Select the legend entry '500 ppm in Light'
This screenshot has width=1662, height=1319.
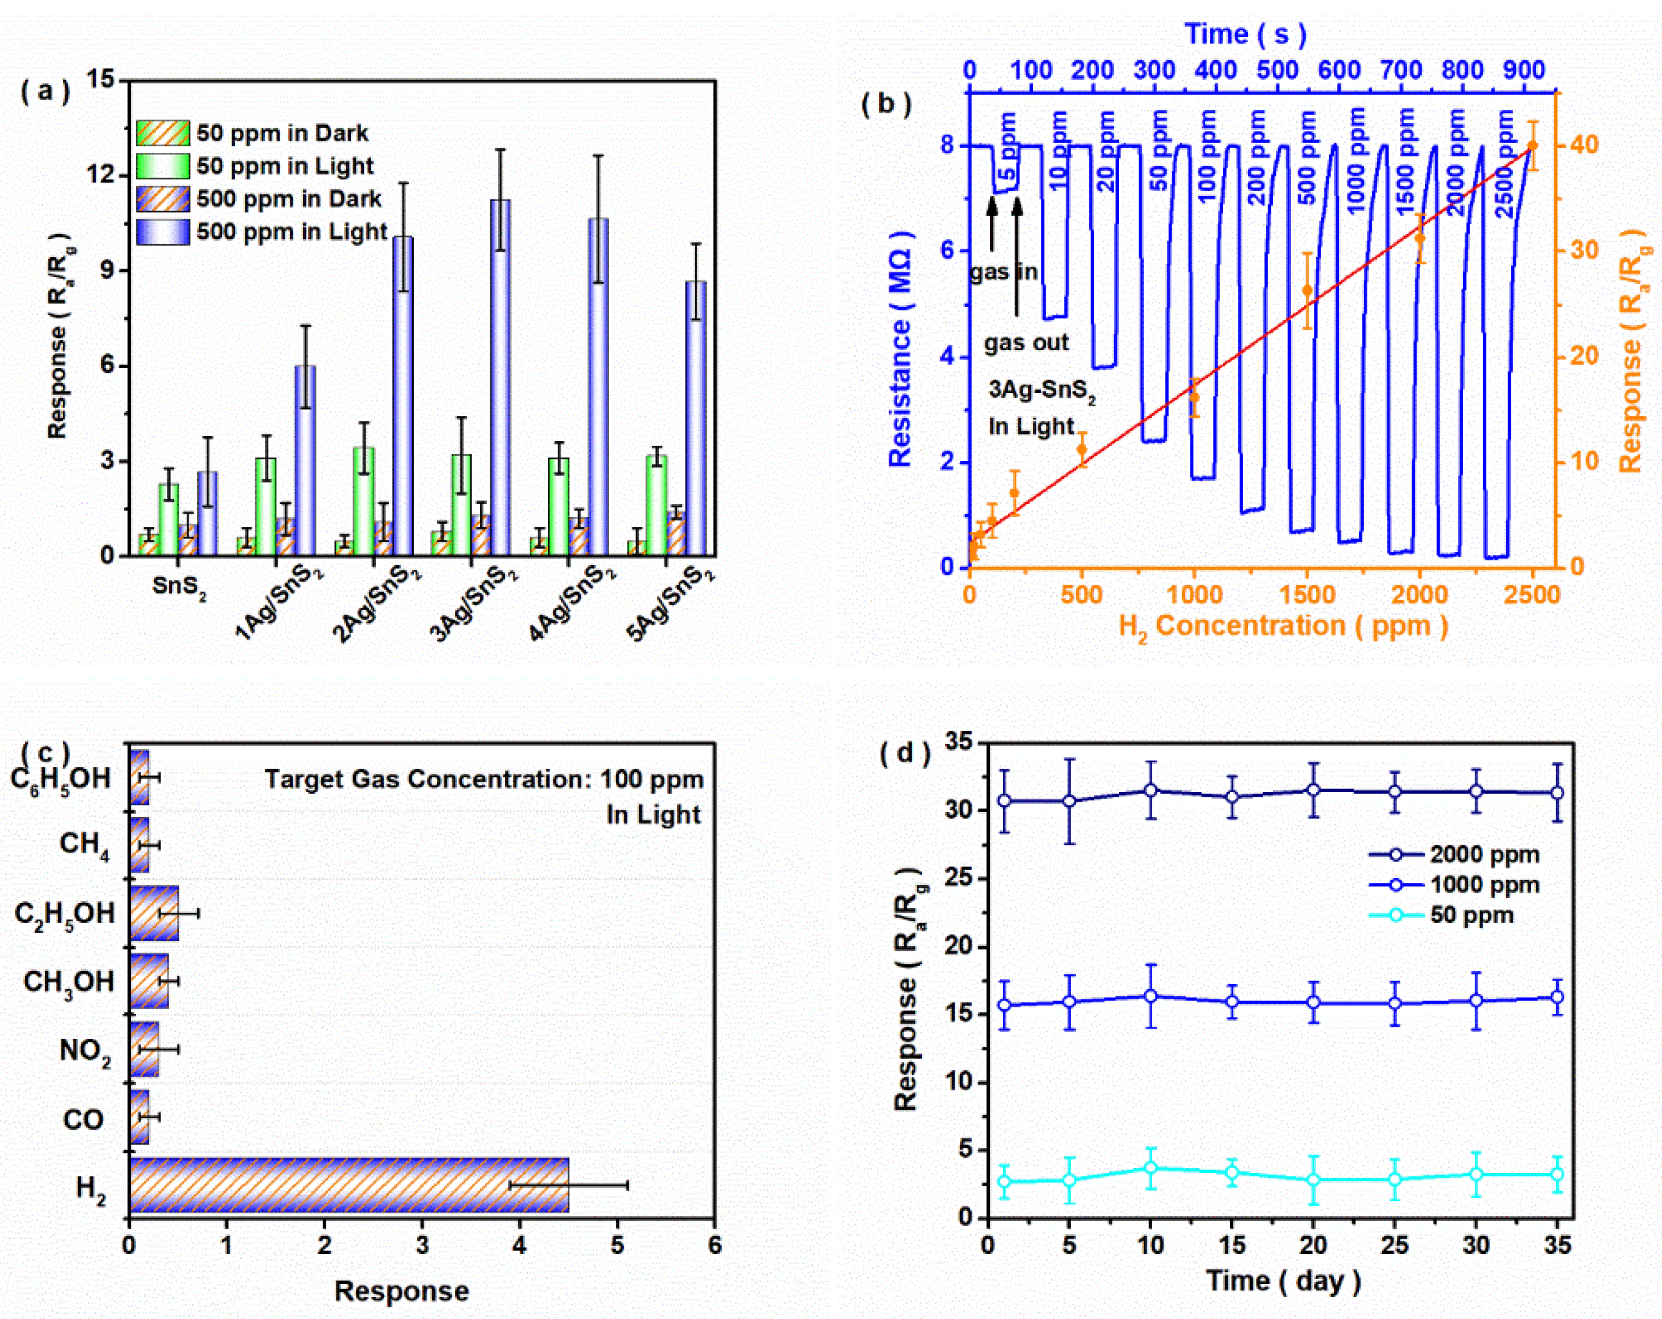tap(292, 232)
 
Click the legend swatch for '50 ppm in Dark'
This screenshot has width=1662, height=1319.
tap(162, 133)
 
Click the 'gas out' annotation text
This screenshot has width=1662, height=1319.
tap(1026, 343)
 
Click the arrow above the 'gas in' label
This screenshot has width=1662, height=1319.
tap(992, 224)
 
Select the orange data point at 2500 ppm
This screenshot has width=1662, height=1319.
tap(1532, 146)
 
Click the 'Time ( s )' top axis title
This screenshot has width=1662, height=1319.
tap(1246, 34)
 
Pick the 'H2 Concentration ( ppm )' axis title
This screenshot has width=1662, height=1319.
tap(1283, 626)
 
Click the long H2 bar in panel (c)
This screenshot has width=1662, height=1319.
tap(349, 1184)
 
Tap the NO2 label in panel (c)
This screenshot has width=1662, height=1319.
tap(85, 1050)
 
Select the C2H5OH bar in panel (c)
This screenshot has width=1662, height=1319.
tap(154, 913)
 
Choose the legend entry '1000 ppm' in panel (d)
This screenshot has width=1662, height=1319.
tap(1483, 885)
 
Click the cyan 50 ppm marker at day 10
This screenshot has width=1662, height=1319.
tap(1150, 1168)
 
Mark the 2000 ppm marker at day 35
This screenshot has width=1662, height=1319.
tap(1557, 792)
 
